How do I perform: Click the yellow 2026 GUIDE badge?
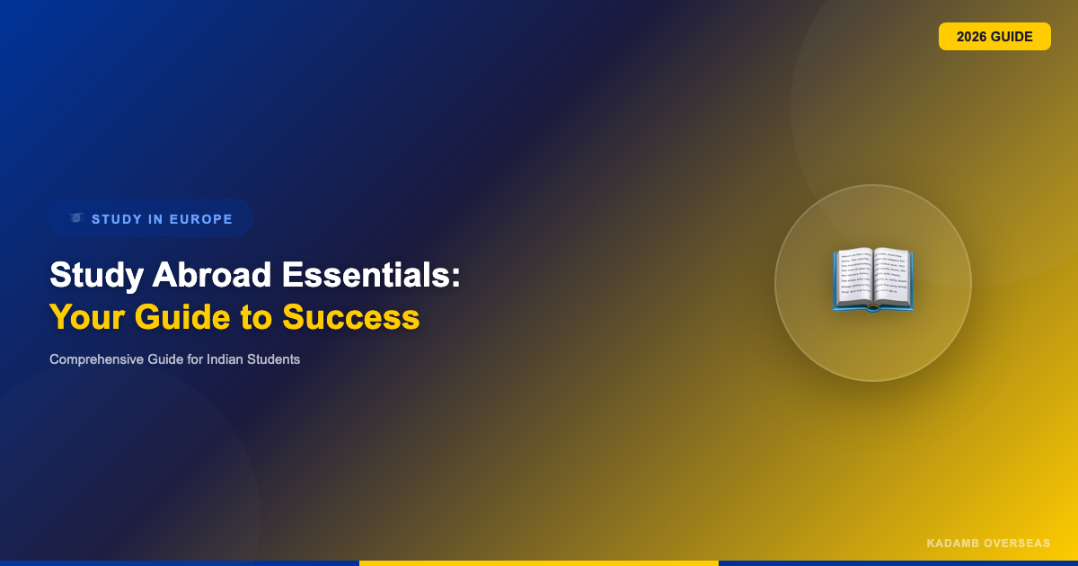(x=994, y=37)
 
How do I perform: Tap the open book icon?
(x=873, y=279)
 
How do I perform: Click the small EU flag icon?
(x=76, y=218)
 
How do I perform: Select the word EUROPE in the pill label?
(x=201, y=219)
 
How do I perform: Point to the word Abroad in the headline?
(x=212, y=275)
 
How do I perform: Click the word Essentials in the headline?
(x=371, y=275)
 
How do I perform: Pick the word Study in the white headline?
(x=96, y=276)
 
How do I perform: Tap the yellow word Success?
(x=351, y=318)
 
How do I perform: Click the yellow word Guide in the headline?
(x=182, y=318)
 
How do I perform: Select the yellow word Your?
(x=88, y=318)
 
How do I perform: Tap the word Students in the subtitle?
(x=273, y=359)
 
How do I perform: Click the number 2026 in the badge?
(x=972, y=37)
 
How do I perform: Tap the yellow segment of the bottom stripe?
(x=539, y=563)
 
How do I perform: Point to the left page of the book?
(x=853, y=277)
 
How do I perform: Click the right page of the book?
(x=893, y=277)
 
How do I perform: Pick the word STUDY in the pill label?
(x=117, y=219)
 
